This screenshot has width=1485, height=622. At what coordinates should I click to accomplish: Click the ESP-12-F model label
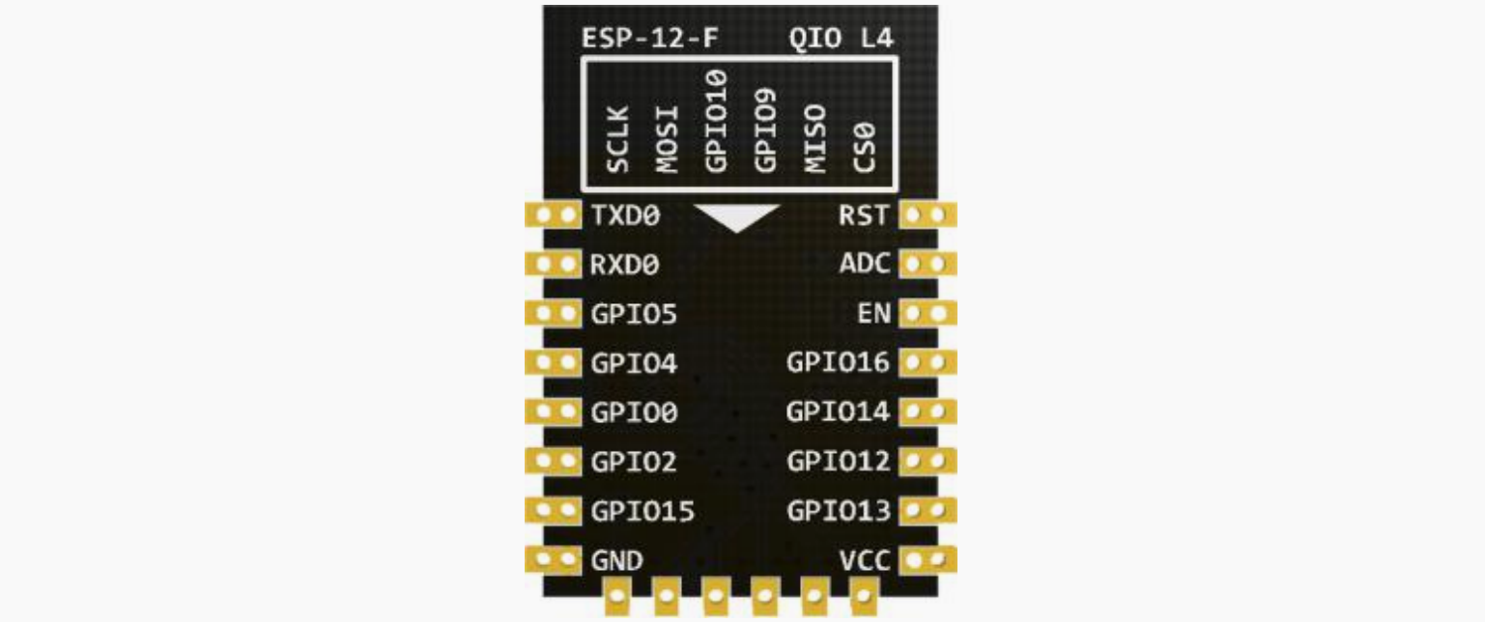click(649, 39)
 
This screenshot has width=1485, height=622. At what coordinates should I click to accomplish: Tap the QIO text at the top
click(815, 39)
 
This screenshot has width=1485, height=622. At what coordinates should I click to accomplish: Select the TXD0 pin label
click(626, 215)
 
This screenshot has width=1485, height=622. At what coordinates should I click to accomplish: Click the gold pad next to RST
click(928, 214)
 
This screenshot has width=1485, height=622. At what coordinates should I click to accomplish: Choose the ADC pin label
click(865, 264)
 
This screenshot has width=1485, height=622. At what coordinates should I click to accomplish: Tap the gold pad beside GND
click(554, 559)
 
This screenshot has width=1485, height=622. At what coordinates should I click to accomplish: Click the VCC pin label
click(865, 560)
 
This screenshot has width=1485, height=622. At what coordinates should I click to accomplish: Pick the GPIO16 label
click(838, 362)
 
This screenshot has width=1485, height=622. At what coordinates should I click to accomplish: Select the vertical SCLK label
click(617, 139)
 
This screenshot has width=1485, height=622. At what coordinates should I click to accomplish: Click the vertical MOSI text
click(667, 139)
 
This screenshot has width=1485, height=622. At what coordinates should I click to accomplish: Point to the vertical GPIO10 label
click(716, 122)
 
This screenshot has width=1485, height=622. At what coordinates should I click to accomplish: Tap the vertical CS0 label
click(864, 148)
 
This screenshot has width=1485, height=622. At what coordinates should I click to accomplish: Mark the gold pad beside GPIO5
click(554, 313)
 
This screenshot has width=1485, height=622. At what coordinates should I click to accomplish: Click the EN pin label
click(873, 313)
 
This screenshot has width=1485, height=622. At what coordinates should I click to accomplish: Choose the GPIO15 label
click(643, 511)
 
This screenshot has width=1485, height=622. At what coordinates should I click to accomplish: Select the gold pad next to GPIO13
click(928, 510)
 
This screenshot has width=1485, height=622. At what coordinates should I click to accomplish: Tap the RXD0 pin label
click(624, 265)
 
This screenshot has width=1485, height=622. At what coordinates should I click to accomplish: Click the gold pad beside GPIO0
click(554, 411)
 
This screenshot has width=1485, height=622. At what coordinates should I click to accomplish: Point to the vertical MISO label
click(814, 139)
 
